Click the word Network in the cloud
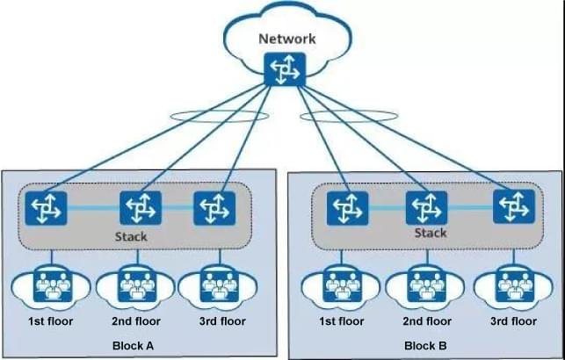[x=287, y=39]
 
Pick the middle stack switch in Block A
[x=139, y=208]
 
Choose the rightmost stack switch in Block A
[x=213, y=208]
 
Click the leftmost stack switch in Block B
[x=346, y=208]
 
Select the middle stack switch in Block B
[x=425, y=208]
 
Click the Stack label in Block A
[x=131, y=237]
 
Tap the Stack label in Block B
[x=431, y=233]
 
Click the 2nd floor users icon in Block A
[x=135, y=286]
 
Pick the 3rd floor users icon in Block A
[x=215, y=286]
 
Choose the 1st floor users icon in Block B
[x=339, y=286]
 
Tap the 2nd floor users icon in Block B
[x=426, y=286]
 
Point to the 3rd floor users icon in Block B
[x=512, y=286]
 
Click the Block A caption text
[x=134, y=346]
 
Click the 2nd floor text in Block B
[x=427, y=321]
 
